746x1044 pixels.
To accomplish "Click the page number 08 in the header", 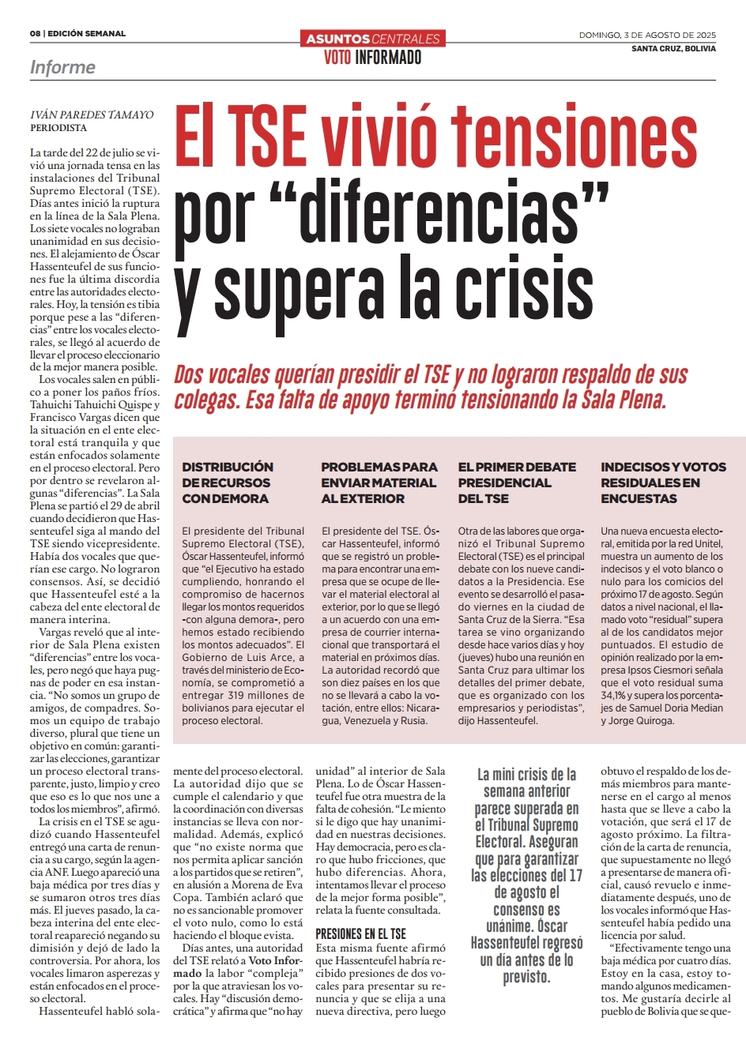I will pos(36,34).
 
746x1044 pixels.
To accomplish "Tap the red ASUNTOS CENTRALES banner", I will pos(373,39).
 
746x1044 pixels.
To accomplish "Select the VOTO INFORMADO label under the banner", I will pos(373,58).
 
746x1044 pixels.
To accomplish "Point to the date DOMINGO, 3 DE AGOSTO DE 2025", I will pos(647,35).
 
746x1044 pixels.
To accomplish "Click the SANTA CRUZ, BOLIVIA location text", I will pos(673,49).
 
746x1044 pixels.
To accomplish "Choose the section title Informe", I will pos(62,68).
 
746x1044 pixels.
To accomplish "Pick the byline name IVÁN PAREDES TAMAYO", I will pos(92,115).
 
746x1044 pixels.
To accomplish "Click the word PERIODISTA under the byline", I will pos(58,128).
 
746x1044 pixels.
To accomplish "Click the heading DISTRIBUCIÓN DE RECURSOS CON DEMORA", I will pos(228,483).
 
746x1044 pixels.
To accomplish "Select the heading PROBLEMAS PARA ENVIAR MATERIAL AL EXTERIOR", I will pos(379,483).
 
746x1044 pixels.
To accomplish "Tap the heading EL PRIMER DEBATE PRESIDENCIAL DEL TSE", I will pos(517,483).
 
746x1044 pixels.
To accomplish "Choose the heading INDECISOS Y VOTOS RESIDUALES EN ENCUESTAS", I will pos(663,483).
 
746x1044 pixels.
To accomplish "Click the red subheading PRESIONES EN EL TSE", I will pos(360,934).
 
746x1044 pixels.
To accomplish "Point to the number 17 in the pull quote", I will pos(575,875).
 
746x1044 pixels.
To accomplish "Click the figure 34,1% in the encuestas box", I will pos(612,695).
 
